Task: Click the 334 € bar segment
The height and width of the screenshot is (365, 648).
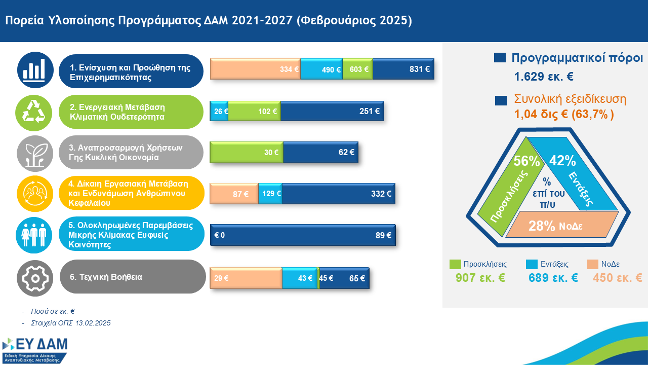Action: [x=255, y=69]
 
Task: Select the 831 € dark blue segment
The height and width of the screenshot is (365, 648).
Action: [x=403, y=69]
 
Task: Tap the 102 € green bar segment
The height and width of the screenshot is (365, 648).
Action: [x=255, y=111]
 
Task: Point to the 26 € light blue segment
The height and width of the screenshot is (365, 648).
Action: [x=219, y=111]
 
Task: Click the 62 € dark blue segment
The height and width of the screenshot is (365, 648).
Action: [x=320, y=152]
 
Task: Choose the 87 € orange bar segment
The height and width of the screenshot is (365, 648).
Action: [x=234, y=194]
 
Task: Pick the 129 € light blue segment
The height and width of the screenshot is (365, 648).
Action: [x=270, y=194]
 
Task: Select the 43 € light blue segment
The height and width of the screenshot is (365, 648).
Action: [x=299, y=278]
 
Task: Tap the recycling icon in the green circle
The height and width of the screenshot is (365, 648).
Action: [x=34, y=112]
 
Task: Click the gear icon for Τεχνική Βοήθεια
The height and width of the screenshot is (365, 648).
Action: [x=34, y=277]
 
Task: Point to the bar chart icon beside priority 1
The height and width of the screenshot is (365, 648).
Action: [x=34, y=70]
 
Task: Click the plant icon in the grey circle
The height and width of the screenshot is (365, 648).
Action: [x=34, y=153]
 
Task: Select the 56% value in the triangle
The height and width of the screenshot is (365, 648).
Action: [x=527, y=161]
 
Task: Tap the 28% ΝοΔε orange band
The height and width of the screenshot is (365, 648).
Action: [x=555, y=226]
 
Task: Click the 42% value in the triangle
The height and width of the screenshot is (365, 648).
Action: [x=562, y=161]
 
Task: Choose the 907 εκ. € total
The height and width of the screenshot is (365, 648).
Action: [x=480, y=278]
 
